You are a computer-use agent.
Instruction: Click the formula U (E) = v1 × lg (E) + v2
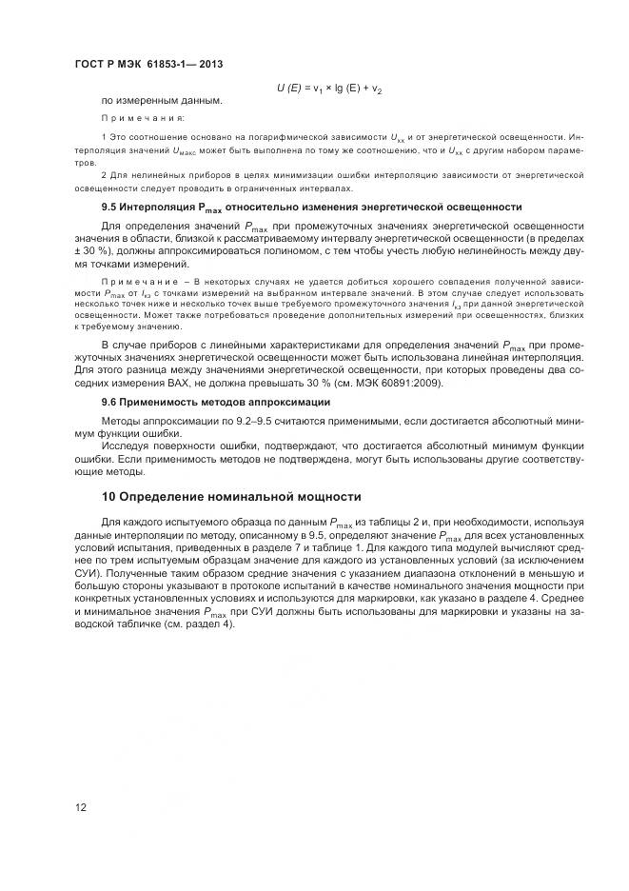pyautogui.click(x=328, y=88)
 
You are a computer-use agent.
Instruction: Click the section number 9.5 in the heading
pyautogui.click(x=111, y=207)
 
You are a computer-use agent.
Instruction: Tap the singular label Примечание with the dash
pyautogui.click(x=143, y=282)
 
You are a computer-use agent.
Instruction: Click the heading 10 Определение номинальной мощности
pyautogui.click(x=231, y=496)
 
